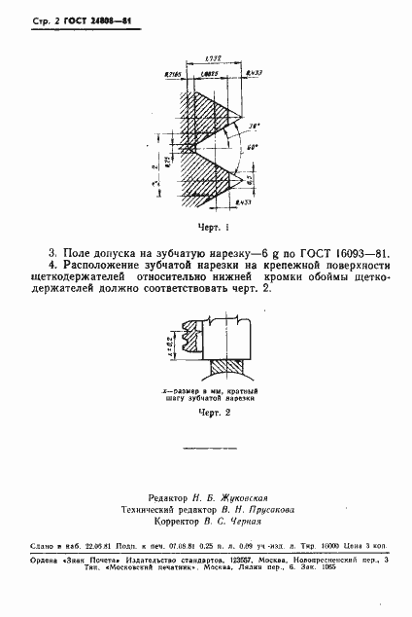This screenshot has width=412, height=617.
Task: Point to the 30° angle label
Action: tap(255, 126)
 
